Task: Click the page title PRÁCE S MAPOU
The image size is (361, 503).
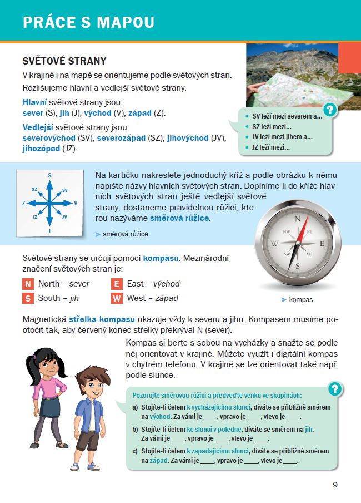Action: pos(88,22)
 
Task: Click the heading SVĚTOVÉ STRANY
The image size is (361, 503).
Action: pos(64,61)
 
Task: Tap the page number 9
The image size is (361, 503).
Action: pos(335,484)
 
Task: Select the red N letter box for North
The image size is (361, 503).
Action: pos(28,284)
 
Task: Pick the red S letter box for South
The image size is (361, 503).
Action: pos(28,298)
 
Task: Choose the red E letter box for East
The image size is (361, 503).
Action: pos(117,284)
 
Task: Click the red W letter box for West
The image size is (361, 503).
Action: pos(117,298)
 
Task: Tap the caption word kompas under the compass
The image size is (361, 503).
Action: pos(300,299)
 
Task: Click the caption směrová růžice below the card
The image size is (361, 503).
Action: pos(126,234)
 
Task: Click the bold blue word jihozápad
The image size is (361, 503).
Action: pos(41,149)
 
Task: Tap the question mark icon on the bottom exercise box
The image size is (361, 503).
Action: pos(334,388)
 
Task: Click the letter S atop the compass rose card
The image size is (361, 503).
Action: pos(49,175)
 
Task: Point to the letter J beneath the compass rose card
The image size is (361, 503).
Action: pos(49,230)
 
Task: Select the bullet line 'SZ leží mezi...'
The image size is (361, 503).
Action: pos(272,127)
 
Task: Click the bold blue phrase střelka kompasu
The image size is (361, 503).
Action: pos(102,319)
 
